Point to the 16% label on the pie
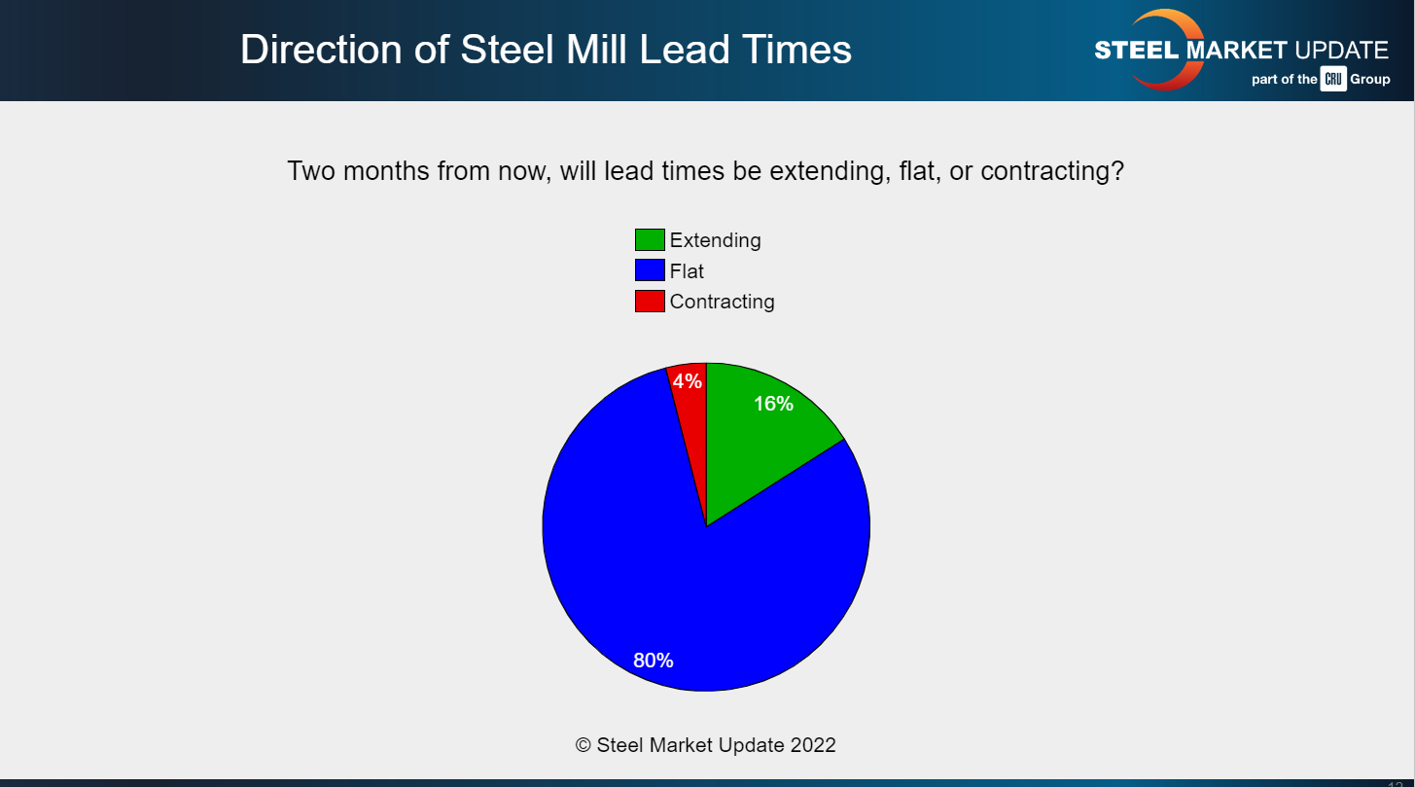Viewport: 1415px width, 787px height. [774, 404]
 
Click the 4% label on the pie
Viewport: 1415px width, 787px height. [688, 381]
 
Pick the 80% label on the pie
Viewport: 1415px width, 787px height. [654, 661]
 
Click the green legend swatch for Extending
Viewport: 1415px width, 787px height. [650, 239]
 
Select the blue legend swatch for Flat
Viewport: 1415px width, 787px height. [650, 270]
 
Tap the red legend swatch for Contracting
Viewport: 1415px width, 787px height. [650, 302]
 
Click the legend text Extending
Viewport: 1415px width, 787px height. [716, 240]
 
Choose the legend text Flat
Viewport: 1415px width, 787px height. [687, 271]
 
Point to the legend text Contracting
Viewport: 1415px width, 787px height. [723, 302]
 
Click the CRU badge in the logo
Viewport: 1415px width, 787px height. [1333, 80]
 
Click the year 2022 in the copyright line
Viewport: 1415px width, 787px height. [811, 745]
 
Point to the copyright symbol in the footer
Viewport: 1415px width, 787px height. [584, 745]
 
